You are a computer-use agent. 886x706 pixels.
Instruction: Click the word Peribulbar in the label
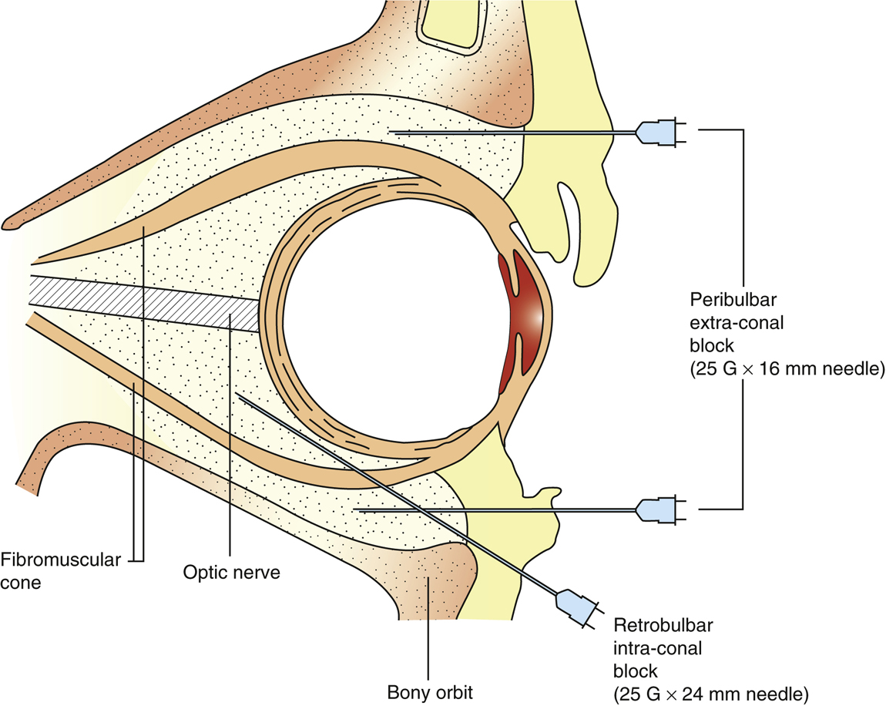pyautogui.click(x=733, y=300)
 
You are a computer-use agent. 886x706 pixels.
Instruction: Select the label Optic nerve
pyautogui.click(x=231, y=573)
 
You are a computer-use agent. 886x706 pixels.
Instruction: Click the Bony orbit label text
pyautogui.click(x=429, y=692)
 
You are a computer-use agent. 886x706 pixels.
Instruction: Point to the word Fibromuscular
pyautogui.click(x=60, y=560)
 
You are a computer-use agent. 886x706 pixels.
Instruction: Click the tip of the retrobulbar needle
pyautogui.click(x=239, y=396)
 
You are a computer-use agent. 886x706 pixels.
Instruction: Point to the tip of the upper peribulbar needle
pyautogui.click(x=394, y=133)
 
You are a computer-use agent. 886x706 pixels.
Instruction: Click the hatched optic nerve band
pyautogui.click(x=144, y=300)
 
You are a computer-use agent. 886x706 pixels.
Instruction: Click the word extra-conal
pyautogui.click(x=737, y=323)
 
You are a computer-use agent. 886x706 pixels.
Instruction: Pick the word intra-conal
pyautogui.click(x=658, y=647)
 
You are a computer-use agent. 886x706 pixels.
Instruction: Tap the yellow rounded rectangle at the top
pyautogui.click(x=448, y=22)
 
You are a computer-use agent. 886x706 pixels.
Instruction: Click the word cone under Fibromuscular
pyautogui.click(x=21, y=583)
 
